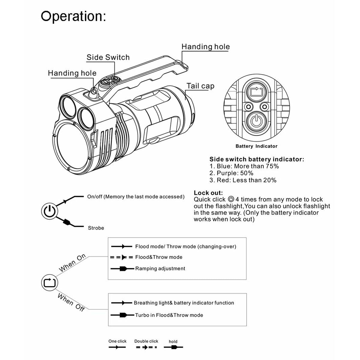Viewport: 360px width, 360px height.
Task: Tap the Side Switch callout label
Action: pos(108,57)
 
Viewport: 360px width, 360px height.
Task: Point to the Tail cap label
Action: pos(200,86)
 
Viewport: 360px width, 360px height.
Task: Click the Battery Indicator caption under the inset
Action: pos(256,146)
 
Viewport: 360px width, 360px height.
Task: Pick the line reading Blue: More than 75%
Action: pos(244,166)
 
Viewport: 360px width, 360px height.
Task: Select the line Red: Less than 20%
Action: pos(243,180)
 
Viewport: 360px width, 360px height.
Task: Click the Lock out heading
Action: pos(208,193)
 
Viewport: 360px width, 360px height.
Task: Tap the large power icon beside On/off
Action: pos(49,212)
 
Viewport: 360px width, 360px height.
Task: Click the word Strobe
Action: pos(96,228)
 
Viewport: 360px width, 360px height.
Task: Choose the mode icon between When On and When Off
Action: pos(49,283)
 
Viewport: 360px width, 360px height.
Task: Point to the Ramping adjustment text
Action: pos(160,268)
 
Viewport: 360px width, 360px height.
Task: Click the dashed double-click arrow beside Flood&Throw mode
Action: pos(121,257)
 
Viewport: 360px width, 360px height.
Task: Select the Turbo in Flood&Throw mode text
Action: pos(169,315)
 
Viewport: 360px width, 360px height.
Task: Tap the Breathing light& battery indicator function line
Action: pos(184,303)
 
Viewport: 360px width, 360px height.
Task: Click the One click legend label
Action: pos(117,341)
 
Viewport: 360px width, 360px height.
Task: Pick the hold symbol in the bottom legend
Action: pos(173,347)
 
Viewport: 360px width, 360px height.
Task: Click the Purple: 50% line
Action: pos(231,173)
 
